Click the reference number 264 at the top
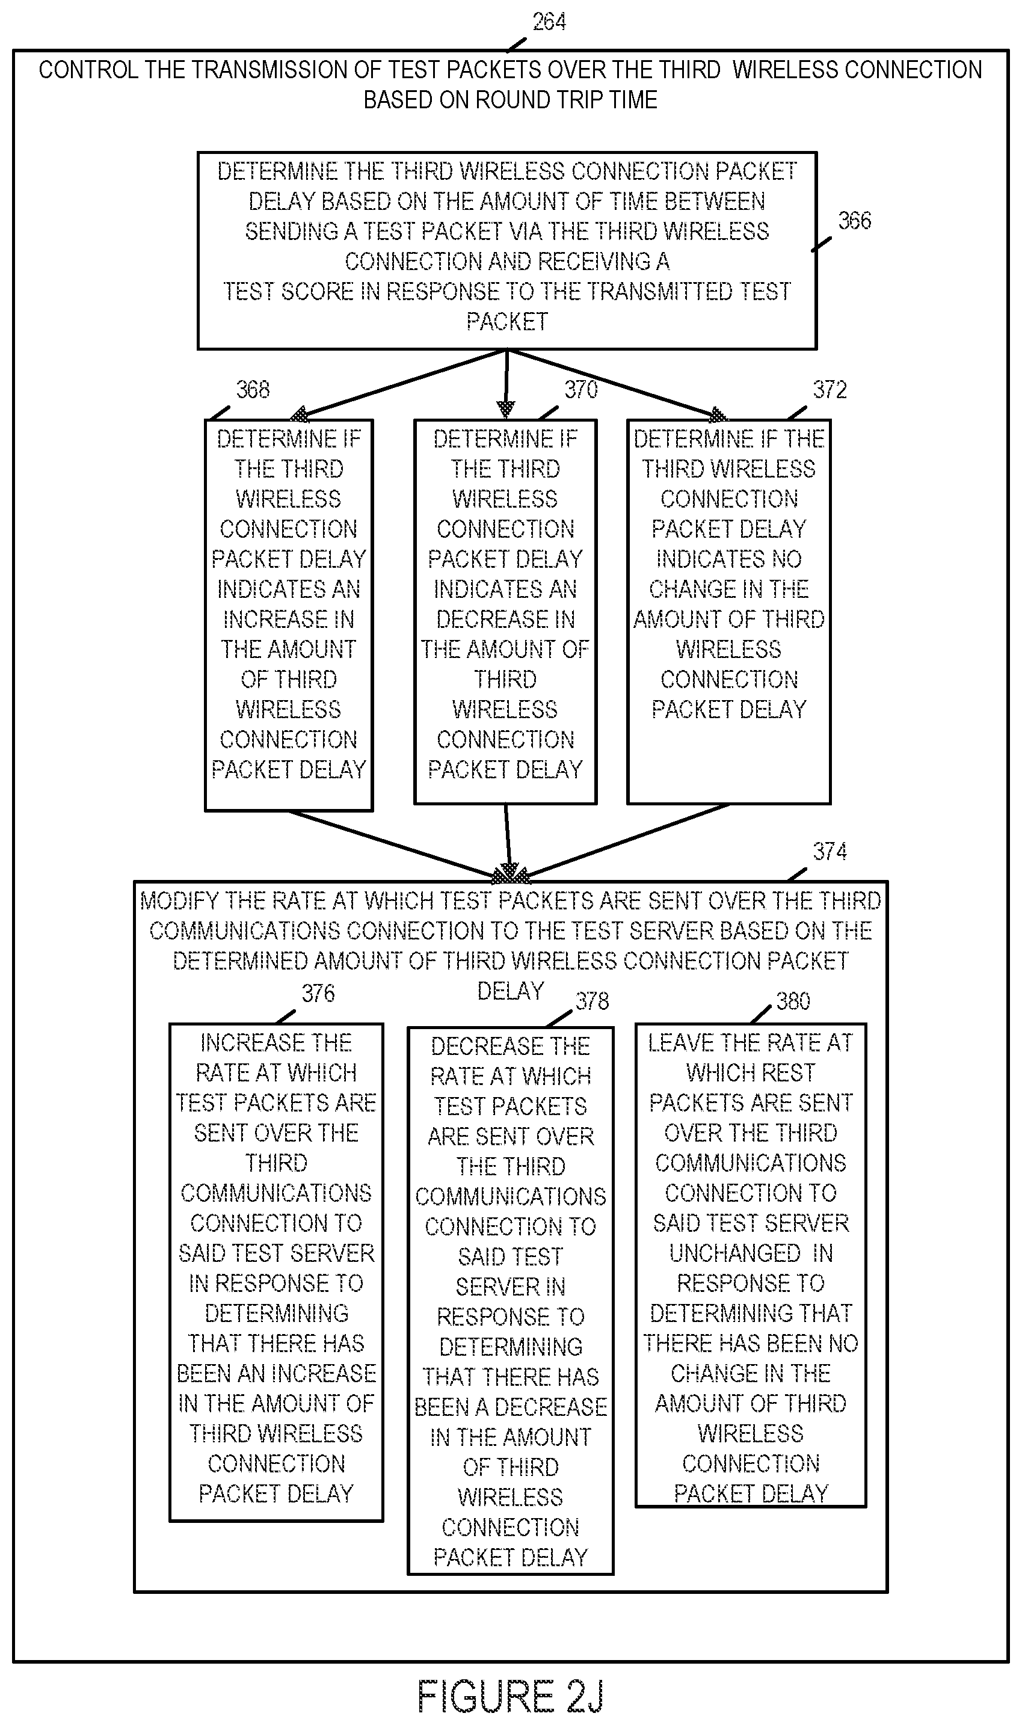549,22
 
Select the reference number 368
253,390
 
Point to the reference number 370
581,390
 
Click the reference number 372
830,390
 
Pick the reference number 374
830,851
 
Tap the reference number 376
318,993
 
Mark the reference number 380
793,1001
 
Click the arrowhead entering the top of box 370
506,410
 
